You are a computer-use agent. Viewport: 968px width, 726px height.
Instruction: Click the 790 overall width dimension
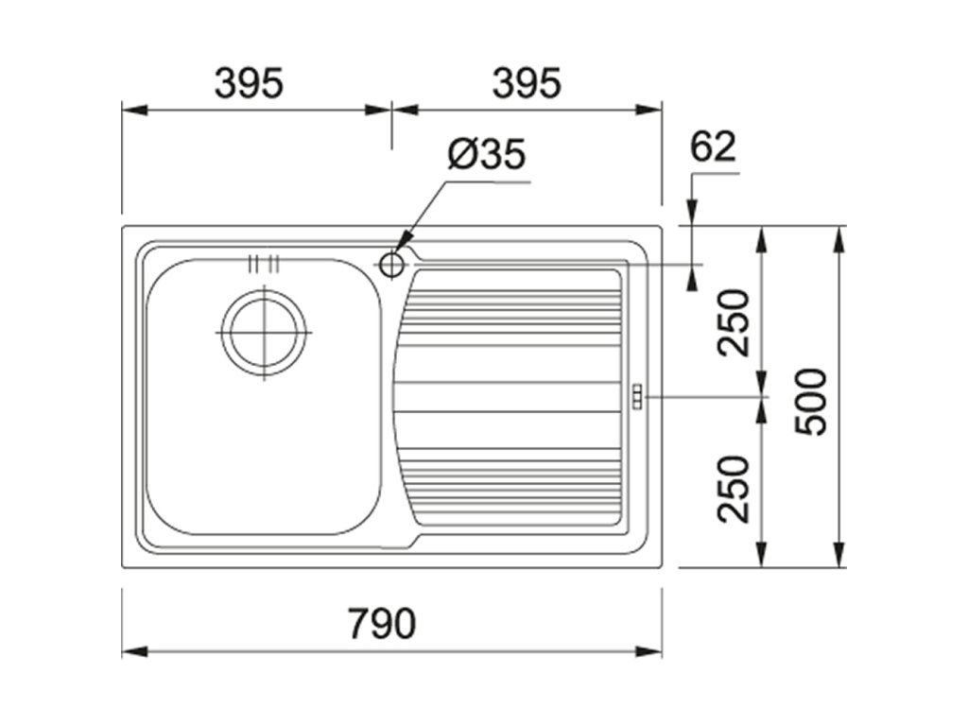tap(382, 623)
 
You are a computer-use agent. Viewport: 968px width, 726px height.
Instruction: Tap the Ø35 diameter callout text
tap(486, 154)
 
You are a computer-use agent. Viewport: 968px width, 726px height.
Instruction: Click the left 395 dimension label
tap(249, 84)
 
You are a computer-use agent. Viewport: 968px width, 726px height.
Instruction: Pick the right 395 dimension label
tap(527, 84)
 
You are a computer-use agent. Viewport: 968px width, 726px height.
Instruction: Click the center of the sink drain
tap(264, 334)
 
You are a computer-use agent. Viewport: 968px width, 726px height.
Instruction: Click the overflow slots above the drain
tap(264, 264)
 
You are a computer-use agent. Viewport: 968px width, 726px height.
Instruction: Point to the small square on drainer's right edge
tap(636, 396)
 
